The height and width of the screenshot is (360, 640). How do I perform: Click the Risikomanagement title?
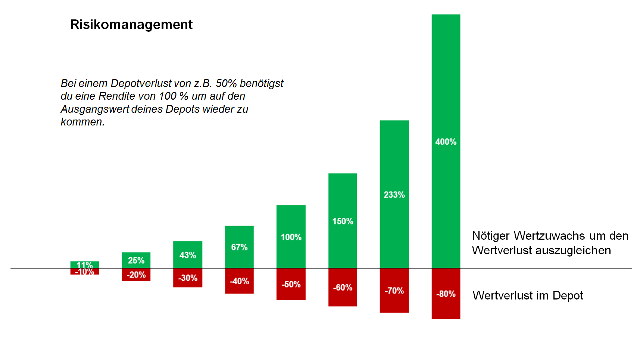tap(131, 25)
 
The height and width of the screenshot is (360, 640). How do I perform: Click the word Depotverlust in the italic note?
tap(141, 83)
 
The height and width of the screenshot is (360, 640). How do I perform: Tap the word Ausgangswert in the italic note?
tap(95, 109)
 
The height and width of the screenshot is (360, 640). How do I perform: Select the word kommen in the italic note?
tap(81, 122)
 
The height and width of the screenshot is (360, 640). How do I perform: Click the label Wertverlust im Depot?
tap(527, 295)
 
